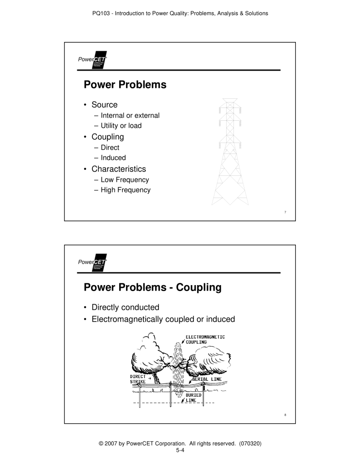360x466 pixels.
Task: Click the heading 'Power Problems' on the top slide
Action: pos(125,85)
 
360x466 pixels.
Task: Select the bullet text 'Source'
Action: pos(104,105)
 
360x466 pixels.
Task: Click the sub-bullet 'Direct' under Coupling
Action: pos(110,148)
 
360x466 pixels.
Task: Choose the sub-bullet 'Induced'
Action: pos(113,158)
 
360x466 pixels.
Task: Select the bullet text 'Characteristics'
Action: pos(118,169)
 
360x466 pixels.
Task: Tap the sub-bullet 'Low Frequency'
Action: pos(124,180)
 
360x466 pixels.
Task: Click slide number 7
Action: pos(284,212)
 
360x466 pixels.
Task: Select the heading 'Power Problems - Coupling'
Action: pos(152,288)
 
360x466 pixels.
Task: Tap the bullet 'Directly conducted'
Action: pos(125,307)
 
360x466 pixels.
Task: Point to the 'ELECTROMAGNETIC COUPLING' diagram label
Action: pos(205,339)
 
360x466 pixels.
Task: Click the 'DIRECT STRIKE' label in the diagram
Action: pos(138,379)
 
